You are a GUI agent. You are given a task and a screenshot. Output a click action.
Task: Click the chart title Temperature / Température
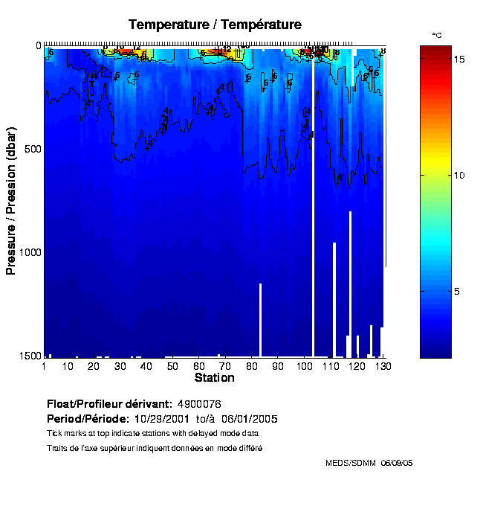click(215, 25)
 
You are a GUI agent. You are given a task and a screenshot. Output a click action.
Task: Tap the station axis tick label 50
click(172, 366)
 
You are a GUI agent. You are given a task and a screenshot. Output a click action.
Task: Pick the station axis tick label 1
click(45, 366)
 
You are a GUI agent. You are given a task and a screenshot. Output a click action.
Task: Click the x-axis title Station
click(214, 378)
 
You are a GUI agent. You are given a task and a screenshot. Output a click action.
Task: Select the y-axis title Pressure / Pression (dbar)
click(11, 201)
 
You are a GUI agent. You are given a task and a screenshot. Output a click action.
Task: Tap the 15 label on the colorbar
click(459, 58)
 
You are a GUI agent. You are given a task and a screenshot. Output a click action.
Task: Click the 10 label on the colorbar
click(459, 175)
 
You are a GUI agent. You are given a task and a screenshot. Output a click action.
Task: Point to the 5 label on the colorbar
click(459, 292)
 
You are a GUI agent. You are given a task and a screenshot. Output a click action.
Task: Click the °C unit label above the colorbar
click(437, 35)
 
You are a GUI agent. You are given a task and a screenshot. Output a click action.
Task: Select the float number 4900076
click(199, 404)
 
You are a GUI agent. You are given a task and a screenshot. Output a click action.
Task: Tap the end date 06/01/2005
click(250, 418)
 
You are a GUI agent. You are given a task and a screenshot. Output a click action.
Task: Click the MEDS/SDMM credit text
click(350, 463)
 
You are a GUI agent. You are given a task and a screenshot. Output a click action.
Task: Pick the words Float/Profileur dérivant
click(110, 404)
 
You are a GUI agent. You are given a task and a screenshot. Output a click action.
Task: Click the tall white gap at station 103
click(313, 223)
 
